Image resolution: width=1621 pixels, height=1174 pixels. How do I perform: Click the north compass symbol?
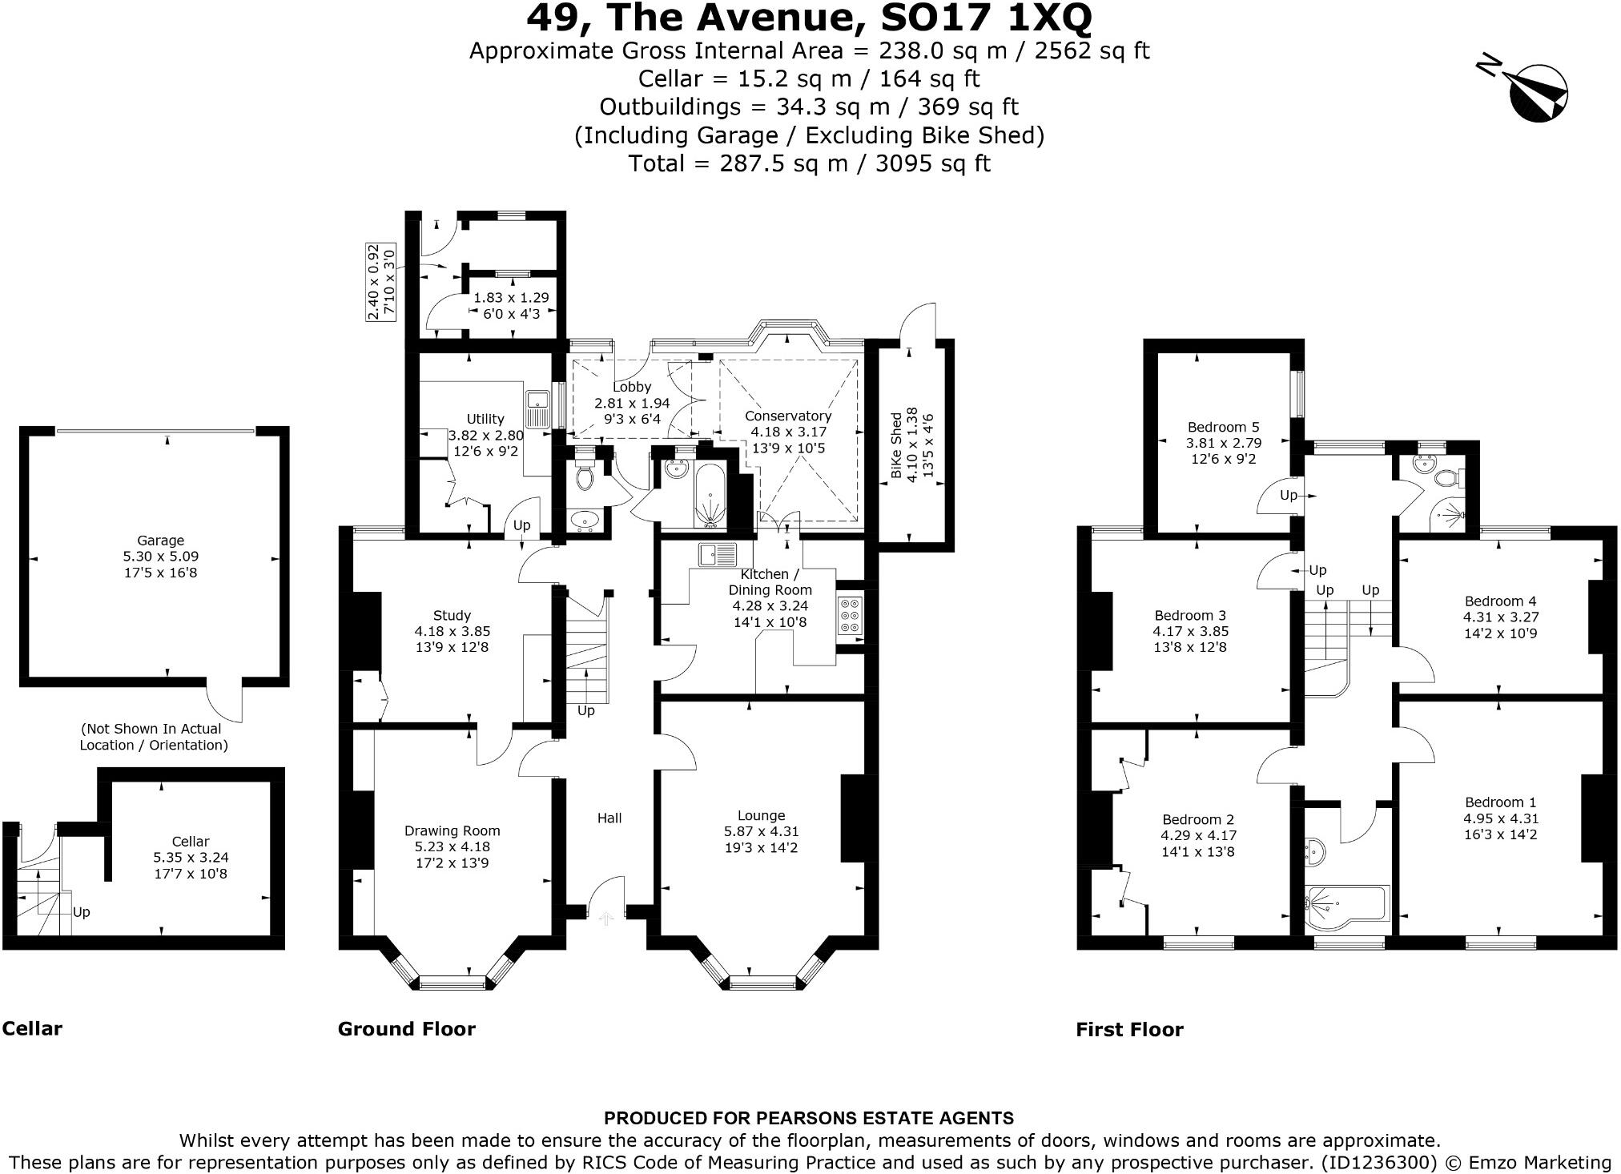click(1537, 94)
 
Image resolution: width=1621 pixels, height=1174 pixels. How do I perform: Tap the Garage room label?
click(160, 541)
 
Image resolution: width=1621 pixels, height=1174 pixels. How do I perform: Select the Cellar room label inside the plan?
click(191, 842)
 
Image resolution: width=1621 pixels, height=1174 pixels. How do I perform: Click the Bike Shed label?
click(896, 445)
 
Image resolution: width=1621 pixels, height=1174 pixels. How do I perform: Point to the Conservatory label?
click(787, 416)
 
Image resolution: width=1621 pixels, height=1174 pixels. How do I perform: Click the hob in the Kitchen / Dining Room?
click(849, 616)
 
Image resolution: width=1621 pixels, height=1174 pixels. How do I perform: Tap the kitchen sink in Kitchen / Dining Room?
click(716, 553)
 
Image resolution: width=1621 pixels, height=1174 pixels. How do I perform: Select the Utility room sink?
click(537, 408)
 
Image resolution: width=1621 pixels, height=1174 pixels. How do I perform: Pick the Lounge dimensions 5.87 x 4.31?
click(761, 832)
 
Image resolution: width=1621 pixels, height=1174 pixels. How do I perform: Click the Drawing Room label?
click(452, 831)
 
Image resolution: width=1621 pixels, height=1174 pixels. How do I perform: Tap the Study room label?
click(452, 616)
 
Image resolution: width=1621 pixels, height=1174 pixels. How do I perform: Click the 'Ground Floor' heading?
click(406, 1029)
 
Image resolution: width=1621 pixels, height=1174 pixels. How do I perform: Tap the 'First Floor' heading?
click(1129, 1030)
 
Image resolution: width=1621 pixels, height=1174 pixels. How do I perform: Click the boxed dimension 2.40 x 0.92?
click(373, 282)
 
